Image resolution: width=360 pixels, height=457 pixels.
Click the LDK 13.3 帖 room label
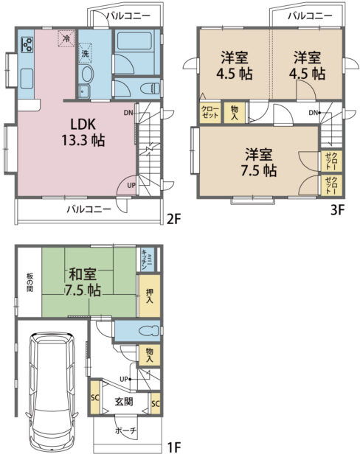point(83,133)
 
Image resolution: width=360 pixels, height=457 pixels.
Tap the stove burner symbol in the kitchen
point(27,44)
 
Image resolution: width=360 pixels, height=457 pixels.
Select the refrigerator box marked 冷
point(66,38)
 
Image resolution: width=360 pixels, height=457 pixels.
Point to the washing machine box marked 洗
point(85,53)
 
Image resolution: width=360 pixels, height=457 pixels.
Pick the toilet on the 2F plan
point(150,88)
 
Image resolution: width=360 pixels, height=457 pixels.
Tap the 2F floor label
point(173,219)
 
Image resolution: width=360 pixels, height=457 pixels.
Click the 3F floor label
point(338,209)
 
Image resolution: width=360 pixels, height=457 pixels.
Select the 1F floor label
point(173,447)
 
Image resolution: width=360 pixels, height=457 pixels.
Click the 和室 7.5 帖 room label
point(83,282)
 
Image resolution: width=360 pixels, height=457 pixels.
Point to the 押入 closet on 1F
point(149,296)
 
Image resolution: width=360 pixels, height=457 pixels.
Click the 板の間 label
point(30,282)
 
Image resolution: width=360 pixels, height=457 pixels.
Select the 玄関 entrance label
point(124,402)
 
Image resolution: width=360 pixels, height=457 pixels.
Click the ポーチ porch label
point(125,430)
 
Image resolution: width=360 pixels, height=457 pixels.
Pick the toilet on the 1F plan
point(150,331)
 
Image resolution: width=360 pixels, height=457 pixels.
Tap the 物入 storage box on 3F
point(235,113)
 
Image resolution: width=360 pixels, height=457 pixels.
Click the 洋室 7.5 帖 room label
point(259,163)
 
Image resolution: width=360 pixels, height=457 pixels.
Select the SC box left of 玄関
point(95,398)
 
